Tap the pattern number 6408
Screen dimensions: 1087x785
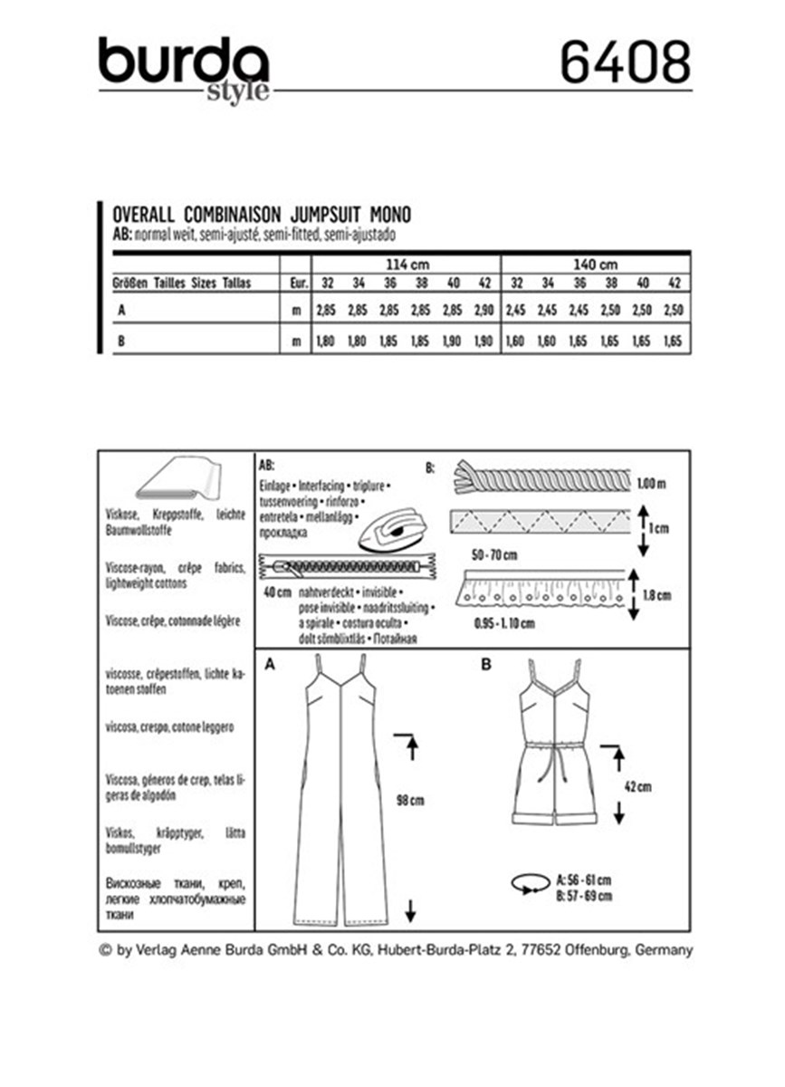coord(624,63)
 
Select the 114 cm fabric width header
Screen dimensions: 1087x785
coord(406,264)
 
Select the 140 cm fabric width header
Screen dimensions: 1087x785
coord(595,264)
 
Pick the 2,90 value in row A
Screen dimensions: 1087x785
coord(483,311)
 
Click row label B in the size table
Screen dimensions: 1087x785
coord(120,341)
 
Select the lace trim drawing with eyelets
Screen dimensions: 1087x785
coord(542,591)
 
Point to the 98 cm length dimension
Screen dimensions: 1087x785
coord(410,801)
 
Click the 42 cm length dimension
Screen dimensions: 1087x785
coord(637,787)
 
